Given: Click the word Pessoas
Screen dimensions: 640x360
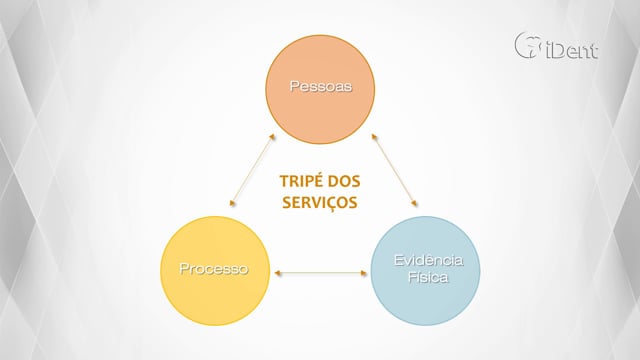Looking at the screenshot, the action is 320,86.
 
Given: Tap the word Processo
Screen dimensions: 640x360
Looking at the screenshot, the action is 213,269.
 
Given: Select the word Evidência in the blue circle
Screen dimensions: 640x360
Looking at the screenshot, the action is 428,260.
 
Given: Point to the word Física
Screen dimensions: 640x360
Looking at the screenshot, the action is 428,278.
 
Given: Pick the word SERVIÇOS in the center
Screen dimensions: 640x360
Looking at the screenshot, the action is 320,203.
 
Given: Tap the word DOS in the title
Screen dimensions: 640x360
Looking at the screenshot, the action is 344,181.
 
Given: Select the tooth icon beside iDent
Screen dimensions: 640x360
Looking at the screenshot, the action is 528,45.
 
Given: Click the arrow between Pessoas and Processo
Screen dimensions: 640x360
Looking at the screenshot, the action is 252,169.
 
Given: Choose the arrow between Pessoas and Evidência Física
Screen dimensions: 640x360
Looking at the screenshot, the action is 394,170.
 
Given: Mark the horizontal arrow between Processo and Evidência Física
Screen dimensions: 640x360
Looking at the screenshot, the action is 320,273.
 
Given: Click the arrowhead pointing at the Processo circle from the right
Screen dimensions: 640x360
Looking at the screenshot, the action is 278,273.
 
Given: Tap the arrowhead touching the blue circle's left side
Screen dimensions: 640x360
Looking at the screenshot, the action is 364,273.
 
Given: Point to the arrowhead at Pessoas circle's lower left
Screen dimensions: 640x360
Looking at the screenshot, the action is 273,137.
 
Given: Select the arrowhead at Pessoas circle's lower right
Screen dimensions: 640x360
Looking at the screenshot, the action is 374,137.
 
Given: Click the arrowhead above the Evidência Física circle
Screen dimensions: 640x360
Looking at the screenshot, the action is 414,203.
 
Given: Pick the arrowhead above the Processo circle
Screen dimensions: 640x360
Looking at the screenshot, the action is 232,202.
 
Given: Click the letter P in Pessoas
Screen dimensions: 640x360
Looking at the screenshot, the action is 294,86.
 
